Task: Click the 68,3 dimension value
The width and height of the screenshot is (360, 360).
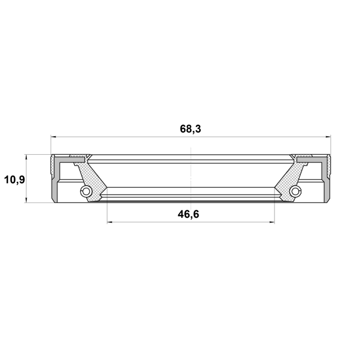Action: click(x=190, y=129)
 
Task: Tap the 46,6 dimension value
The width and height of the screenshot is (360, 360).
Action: click(x=188, y=214)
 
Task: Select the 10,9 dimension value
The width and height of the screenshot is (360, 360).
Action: click(x=15, y=179)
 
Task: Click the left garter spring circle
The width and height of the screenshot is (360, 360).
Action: click(x=86, y=191)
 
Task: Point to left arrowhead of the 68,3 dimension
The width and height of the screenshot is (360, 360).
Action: click(x=53, y=137)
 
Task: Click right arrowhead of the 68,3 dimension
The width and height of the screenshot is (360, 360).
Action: click(x=328, y=137)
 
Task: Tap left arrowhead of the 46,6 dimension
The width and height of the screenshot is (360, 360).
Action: click(x=110, y=222)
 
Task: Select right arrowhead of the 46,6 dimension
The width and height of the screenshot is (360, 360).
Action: click(x=272, y=222)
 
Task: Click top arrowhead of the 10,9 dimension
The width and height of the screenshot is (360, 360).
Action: click(x=26, y=157)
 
